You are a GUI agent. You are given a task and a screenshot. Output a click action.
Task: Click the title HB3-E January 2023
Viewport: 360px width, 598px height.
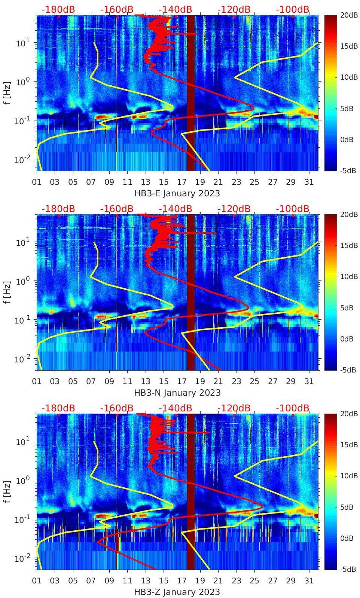(177, 194)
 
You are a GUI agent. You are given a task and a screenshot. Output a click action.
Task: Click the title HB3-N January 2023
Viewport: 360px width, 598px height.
(177, 393)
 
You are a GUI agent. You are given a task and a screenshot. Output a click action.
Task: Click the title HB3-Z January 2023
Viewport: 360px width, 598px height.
(177, 592)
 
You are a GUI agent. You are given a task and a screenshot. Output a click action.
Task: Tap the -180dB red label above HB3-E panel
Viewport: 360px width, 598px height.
(58, 9)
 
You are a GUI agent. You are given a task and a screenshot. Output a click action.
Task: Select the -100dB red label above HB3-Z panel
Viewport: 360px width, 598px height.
(293, 408)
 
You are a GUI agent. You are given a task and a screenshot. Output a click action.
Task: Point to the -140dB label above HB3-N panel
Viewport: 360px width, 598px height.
(175, 209)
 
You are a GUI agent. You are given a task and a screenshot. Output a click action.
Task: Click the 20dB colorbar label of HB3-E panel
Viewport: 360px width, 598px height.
(349, 15)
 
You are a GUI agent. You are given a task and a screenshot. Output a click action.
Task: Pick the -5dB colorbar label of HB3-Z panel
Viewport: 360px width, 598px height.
(348, 569)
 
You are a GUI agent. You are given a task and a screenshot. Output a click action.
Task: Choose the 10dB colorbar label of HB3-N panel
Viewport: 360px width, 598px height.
(349, 276)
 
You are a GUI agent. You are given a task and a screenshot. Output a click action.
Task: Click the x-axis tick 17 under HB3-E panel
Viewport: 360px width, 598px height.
(182, 182)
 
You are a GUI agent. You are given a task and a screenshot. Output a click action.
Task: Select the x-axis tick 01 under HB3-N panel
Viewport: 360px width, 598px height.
(37, 381)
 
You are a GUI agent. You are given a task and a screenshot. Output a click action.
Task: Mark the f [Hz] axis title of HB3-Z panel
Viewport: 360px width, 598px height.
(7, 491)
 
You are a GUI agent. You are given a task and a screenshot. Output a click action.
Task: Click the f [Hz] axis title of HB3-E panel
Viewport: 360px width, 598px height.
(7, 93)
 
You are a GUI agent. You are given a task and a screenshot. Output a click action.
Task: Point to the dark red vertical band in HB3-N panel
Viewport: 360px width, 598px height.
(191, 292)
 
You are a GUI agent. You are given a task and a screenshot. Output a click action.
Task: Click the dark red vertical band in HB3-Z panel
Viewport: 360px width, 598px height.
(191, 491)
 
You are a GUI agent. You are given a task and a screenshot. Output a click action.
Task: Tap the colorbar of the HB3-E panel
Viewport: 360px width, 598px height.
(330, 93)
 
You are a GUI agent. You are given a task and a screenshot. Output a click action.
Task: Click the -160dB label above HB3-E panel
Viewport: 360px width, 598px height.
(117, 9)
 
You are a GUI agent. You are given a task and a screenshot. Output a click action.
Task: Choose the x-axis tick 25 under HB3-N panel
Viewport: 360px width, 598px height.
(254, 381)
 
